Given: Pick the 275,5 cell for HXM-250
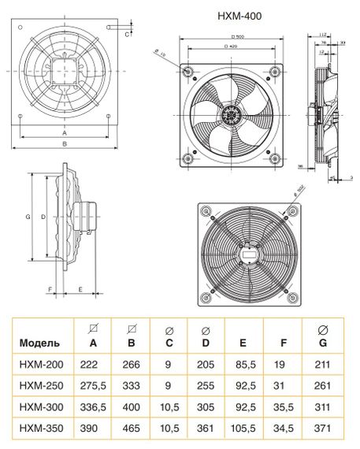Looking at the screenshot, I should pos(93,388).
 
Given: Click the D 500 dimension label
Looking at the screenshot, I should pos(231,38).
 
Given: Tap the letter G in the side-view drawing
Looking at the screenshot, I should pos(28,215).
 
